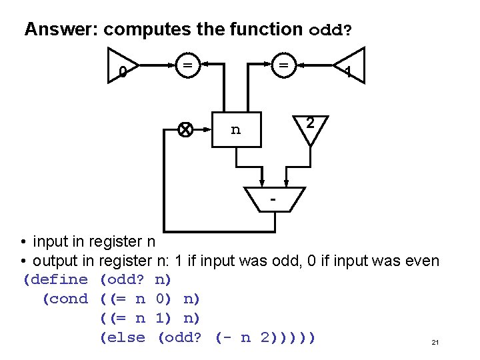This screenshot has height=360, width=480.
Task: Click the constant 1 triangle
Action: [351, 67]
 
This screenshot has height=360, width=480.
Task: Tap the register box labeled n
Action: [235, 130]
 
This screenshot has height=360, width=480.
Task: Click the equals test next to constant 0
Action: [189, 65]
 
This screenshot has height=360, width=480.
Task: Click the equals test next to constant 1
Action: [284, 65]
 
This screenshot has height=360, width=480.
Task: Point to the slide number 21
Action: [435, 343]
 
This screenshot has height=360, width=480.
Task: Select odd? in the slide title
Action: [331, 30]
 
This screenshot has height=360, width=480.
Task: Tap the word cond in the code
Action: [68, 299]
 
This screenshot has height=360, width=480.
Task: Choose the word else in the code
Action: [126, 337]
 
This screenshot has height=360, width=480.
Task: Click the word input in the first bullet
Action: [53, 241]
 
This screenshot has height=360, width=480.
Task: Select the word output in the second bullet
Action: [58, 261]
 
